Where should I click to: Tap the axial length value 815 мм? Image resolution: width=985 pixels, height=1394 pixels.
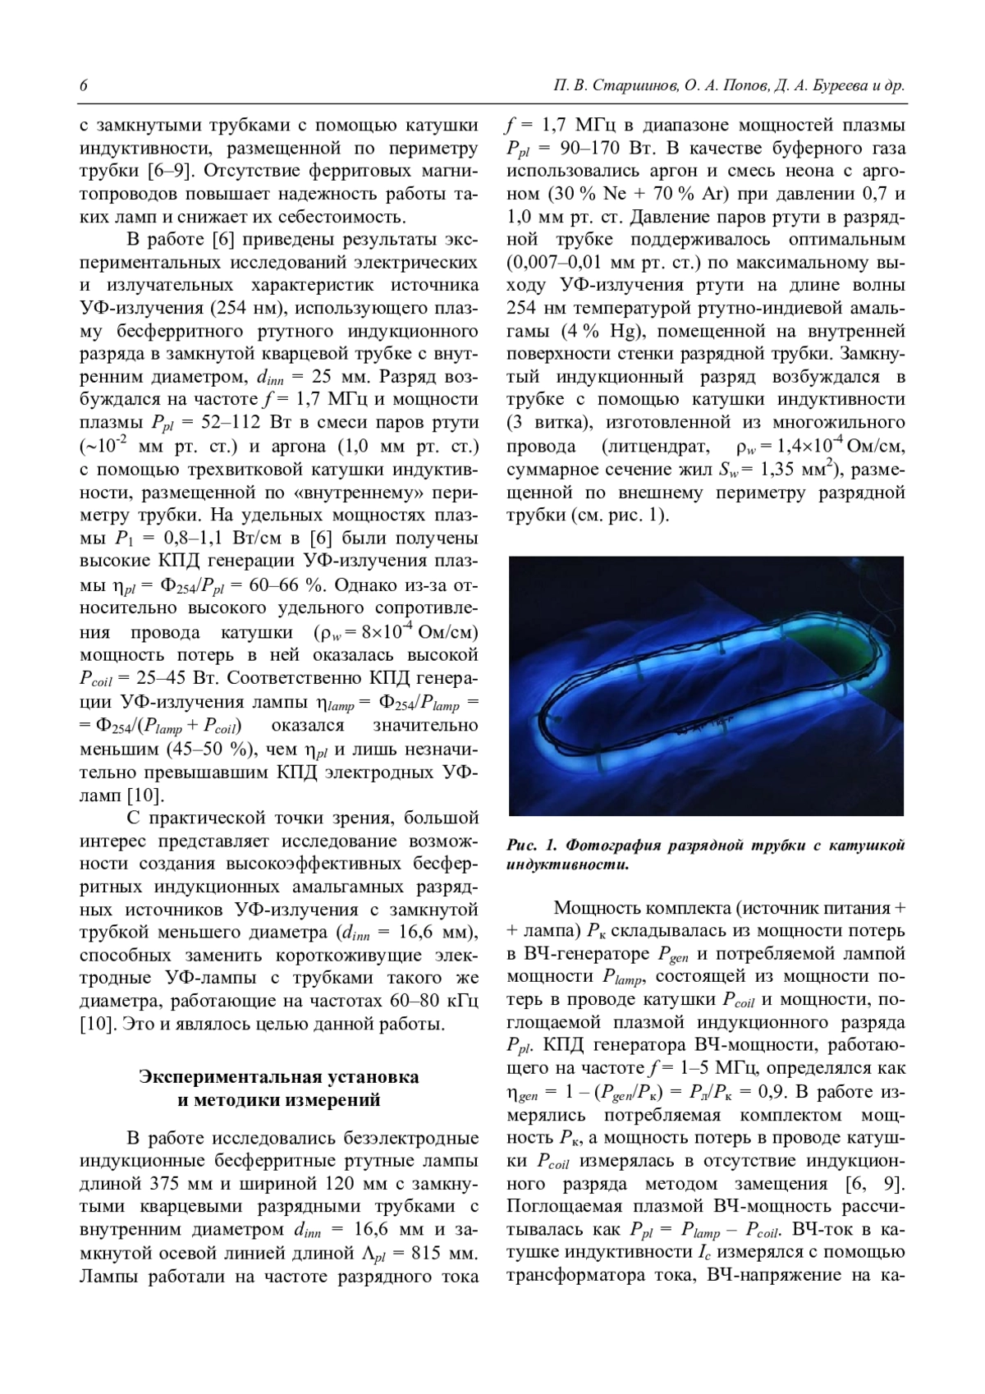point(440,1254)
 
